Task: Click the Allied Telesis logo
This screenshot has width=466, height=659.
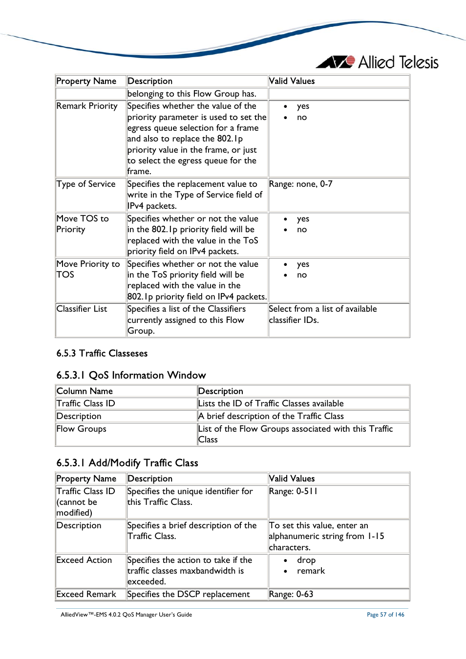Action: [x=378, y=62]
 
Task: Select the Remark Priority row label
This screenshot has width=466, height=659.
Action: [x=87, y=106]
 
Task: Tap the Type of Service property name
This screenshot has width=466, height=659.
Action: [x=86, y=184]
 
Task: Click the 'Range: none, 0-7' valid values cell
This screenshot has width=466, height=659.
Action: [x=300, y=184]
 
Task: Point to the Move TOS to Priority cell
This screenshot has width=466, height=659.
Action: [x=83, y=224]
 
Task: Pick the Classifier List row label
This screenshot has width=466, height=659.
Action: [x=82, y=309]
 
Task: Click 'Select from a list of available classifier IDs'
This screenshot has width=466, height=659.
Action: [x=322, y=314]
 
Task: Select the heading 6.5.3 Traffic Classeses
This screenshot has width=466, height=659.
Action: [x=102, y=353]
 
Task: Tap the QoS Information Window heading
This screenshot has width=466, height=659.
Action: [x=131, y=375]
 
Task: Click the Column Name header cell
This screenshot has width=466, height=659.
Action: [x=85, y=391]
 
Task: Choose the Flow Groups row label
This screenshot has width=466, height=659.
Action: [x=81, y=429]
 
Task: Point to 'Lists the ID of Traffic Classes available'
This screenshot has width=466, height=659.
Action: [x=271, y=403]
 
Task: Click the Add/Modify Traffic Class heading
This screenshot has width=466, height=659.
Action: [x=127, y=463]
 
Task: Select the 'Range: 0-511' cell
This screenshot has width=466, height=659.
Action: [x=293, y=491]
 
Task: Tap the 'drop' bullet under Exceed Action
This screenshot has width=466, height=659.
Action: [x=306, y=560]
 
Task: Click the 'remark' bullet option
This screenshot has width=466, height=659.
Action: [x=311, y=571]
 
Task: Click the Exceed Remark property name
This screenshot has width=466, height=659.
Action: [x=86, y=594]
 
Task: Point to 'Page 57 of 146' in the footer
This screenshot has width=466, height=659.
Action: [x=385, y=615]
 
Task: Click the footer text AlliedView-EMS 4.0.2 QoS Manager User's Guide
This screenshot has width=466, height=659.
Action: [x=126, y=615]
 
